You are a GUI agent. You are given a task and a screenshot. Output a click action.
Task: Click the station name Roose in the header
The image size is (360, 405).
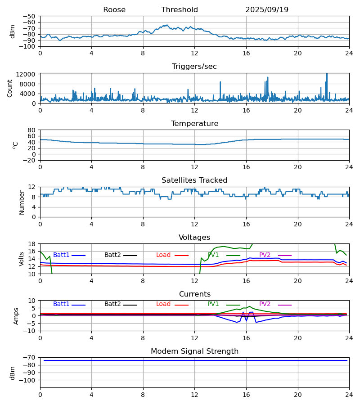pyautogui.click(x=114, y=10)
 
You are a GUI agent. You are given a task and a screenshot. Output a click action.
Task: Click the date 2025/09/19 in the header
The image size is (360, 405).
pyautogui.click(x=267, y=10)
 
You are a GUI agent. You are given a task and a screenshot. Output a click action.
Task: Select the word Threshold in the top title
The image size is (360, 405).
pyautogui.click(x=180, y=10)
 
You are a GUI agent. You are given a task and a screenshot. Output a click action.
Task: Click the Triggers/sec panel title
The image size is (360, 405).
pyautogui.click(x=194, y=67)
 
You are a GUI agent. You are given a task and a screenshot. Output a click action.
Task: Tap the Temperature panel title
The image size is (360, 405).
pyautogui.click(x=194, y=124)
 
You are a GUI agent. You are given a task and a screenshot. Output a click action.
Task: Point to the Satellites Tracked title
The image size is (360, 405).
pyautogui.click(x=194, y=180)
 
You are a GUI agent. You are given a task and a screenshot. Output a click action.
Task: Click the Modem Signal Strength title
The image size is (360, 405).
pyautogui.click(x=194, y=351)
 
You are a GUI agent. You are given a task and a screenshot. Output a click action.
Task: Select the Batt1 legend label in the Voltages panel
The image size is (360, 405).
pyautogui.click(x=61, y=255)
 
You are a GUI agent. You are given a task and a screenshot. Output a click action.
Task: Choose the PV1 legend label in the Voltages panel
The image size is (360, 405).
pyautogui.click(x=213, y=255)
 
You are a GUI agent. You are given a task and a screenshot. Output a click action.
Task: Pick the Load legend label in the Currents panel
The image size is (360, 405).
pyautogui.click(x=163, y=304)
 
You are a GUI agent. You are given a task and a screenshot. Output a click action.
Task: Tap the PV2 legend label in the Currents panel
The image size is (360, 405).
pyautogui.click(x=265, y=304)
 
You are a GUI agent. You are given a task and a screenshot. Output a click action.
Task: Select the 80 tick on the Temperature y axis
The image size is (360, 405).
pyautogui.click(x=32, y=130)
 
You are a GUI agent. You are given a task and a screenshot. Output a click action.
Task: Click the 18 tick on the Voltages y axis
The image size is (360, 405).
pyautogui.click(x=32, y=244)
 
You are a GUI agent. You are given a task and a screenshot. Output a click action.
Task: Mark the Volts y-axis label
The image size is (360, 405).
pyautogui.click(x=22, y=259)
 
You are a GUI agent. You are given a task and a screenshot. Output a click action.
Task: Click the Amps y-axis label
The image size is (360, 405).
pyautogui.click(x=16, y=316)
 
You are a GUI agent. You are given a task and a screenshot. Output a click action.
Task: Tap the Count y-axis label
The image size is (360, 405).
pyautogui.click(x=10, y=88)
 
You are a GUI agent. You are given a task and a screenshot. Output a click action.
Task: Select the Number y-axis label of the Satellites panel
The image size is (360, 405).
pyautogui.click(x=22, y=202)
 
